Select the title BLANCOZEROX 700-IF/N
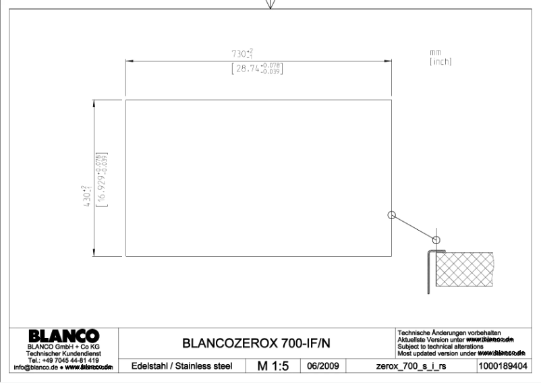(256, 344)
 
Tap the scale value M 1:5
(273, 366)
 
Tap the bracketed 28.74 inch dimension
(256, 67)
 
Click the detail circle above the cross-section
(436, 239)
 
